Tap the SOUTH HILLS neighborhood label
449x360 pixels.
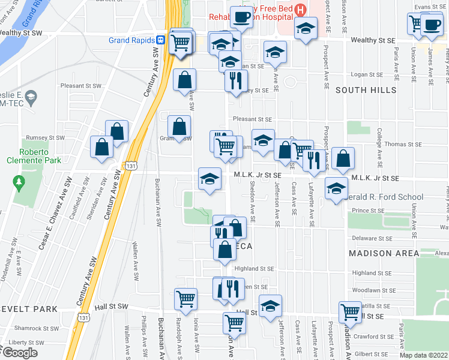pyautogui.click(x=366, y=90)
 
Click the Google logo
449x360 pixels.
pyautogui.click(x=19, y=353)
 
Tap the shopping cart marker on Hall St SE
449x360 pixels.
pyautogui.click(x=350, y=311)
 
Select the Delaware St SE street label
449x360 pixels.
pyautogui.click(x=372, y=238)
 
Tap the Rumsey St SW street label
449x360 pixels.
pyautogui.click(x=49, y=137)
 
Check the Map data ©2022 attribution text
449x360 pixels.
pyautogui.click(x=423, y=355)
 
